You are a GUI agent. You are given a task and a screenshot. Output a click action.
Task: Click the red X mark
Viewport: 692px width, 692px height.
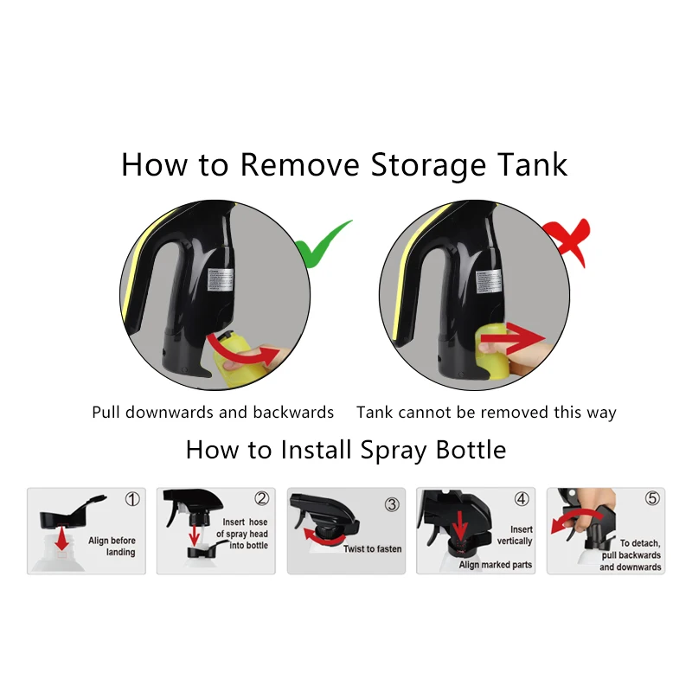(x=567, y=240)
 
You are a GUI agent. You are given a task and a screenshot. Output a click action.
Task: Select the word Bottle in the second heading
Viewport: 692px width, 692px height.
(x=464, y=450)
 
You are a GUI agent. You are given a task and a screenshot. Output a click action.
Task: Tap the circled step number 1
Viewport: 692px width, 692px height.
(x=132, y=499)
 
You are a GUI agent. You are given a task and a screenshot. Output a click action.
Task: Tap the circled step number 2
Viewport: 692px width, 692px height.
(x=261, y=499)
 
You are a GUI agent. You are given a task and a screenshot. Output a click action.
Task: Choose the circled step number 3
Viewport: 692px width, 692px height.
(x=392, y=503)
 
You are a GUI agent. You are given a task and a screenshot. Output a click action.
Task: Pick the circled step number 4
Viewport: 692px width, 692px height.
(x=522, y=499)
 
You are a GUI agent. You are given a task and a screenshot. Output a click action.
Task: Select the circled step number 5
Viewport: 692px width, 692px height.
(x=651, y=499)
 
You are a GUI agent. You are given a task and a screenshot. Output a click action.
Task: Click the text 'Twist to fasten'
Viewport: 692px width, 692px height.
(x=372, y=549)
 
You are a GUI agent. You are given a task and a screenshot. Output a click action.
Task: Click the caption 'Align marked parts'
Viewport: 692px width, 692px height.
(x=496, y=565)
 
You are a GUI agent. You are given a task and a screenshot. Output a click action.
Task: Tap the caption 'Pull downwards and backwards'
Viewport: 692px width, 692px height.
(x=213, y=413)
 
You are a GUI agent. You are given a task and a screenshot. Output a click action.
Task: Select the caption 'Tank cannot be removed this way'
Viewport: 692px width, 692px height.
(x=486, y=413)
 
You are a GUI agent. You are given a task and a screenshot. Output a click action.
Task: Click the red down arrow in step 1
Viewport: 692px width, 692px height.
(x=63, y=538)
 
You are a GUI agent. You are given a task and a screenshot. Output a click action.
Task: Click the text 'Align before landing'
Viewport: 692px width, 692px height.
(x=112, y=547)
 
